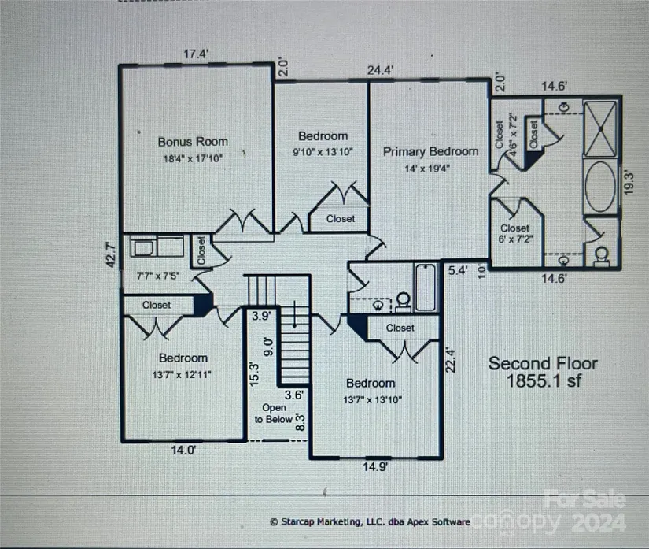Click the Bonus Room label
coord(193,142)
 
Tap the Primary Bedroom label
coord(430,151)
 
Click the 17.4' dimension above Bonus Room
coord(196,54)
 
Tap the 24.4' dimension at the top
coord(380,70)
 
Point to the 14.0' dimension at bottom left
coord(183,450)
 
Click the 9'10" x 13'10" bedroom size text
coord(323,151)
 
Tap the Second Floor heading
coord(542,363)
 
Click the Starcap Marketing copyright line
coord(369,521)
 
